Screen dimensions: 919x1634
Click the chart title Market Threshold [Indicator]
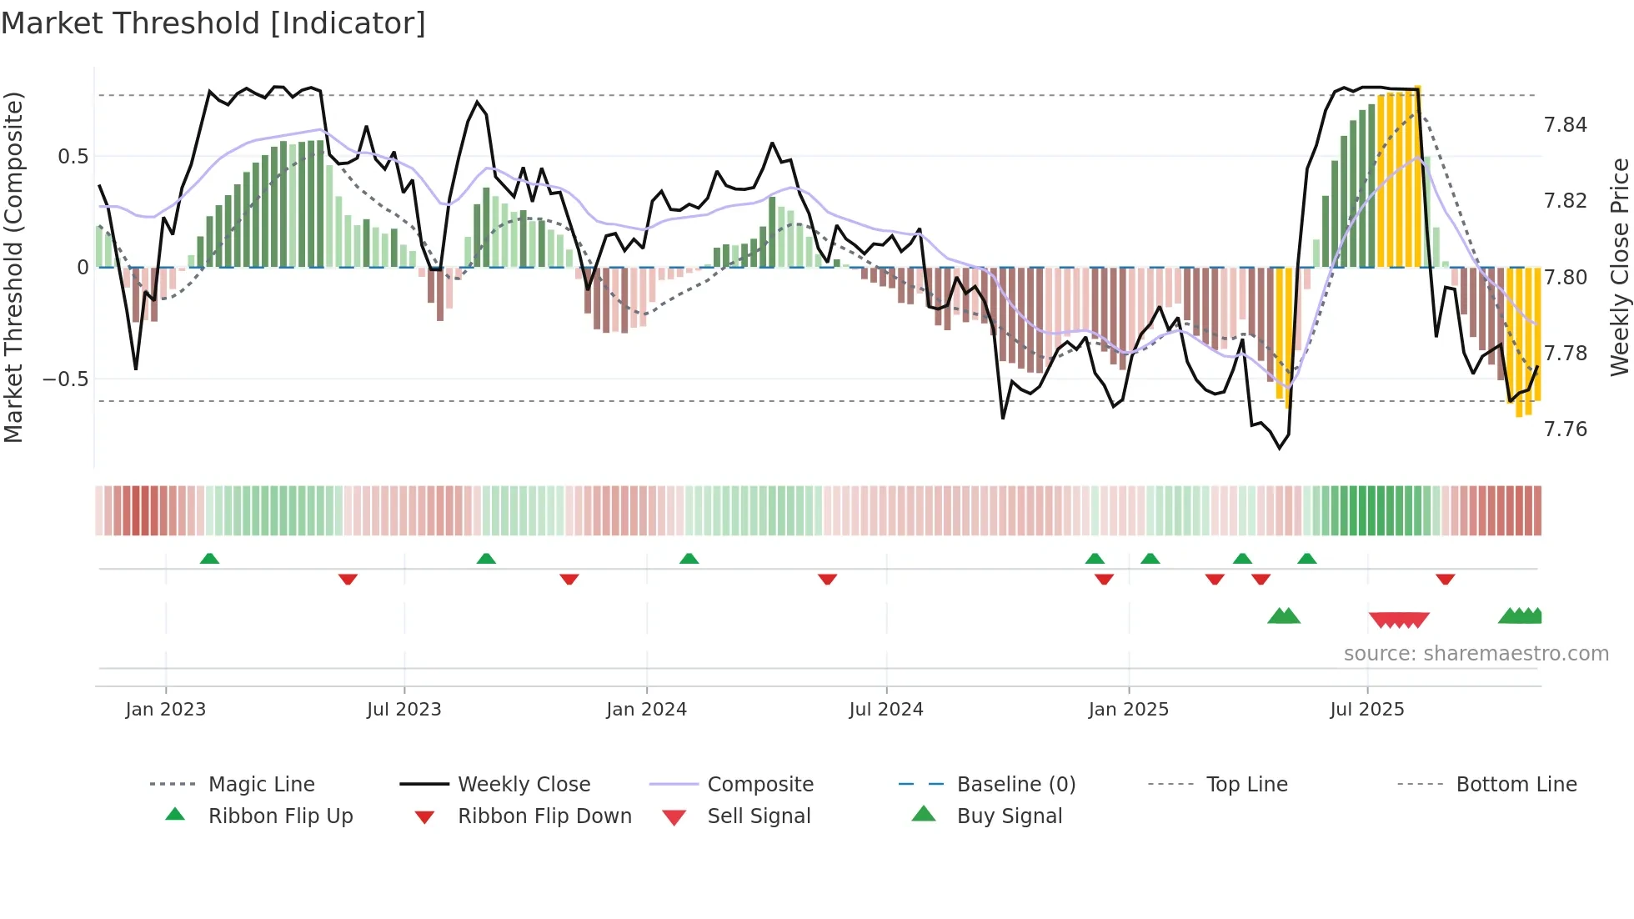[x=213, y=23]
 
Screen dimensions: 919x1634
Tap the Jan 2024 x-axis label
[x=646, y=710]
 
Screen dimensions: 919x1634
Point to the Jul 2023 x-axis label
[x=403, y=710]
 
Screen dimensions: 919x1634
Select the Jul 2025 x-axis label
[x=1367, y=710]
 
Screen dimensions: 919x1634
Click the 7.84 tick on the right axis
[x=1565, y=125]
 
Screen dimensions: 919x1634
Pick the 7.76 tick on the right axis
[x=1565, y=429]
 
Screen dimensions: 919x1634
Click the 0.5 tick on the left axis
[x=73, y=157]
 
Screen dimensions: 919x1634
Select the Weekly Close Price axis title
[x=1619, y=267]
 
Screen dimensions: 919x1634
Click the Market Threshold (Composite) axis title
[x=13, y=267]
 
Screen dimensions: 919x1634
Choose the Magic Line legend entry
[x=261, y=785]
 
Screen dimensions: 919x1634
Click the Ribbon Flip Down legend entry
[x=544, y=816]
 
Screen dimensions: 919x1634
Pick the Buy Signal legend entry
[x=1009, y=816]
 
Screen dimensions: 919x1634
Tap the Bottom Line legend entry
[x=1516, y=785]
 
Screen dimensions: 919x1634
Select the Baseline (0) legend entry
[x=1015, y=785]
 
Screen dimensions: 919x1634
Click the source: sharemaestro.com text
[x=1476, y=654]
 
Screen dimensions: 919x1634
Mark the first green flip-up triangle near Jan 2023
[x=209, y=559]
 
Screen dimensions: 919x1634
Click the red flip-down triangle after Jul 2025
[x=1445, y=579]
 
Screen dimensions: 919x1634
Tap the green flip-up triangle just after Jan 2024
[x=689, y=559]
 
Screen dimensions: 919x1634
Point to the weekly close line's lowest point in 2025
[x=1280, y=449]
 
